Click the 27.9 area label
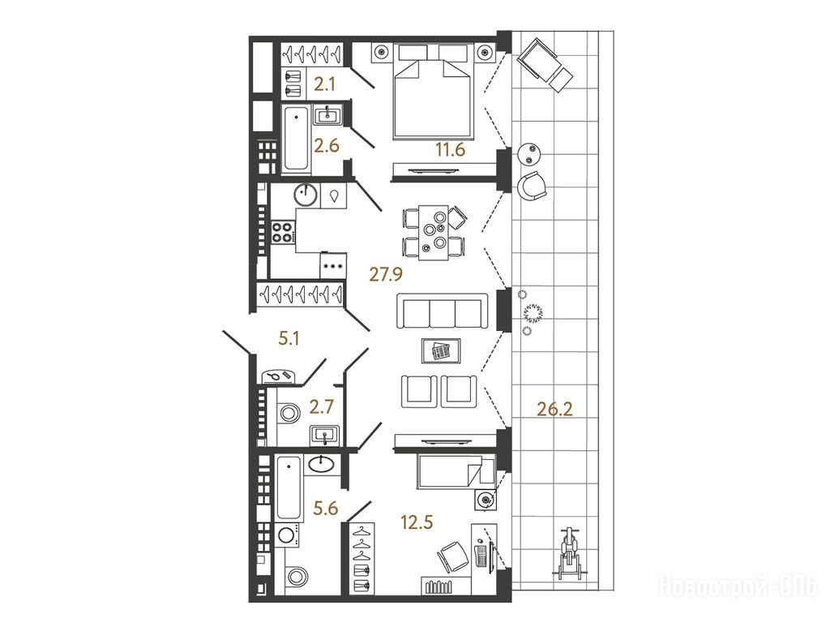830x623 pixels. pyautogui.click(x=386, y=274)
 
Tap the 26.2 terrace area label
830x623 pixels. pyautogui.click(x=554, y=409)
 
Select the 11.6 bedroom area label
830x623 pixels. pyautogui.click(x=450, y=150)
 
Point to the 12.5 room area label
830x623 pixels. pyautogui.click(x=417, y=522)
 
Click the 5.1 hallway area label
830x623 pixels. pyautogui.click(x=289, y=337)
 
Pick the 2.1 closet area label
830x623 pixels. pyautogui.click(x=324, y=84)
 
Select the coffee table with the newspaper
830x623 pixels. pyautogui.click(x=441, y=350)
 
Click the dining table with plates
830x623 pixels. pyautogui.click(x=434, y=232)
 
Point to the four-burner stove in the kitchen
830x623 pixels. pyautogui.click(x=283, y=232)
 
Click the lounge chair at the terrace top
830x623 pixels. pyautogui.click(x=545, y=65)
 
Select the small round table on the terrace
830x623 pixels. pyautogui.click(x=529, y=155)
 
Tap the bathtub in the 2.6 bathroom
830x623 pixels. pyautogui.click(x=295, y=138)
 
